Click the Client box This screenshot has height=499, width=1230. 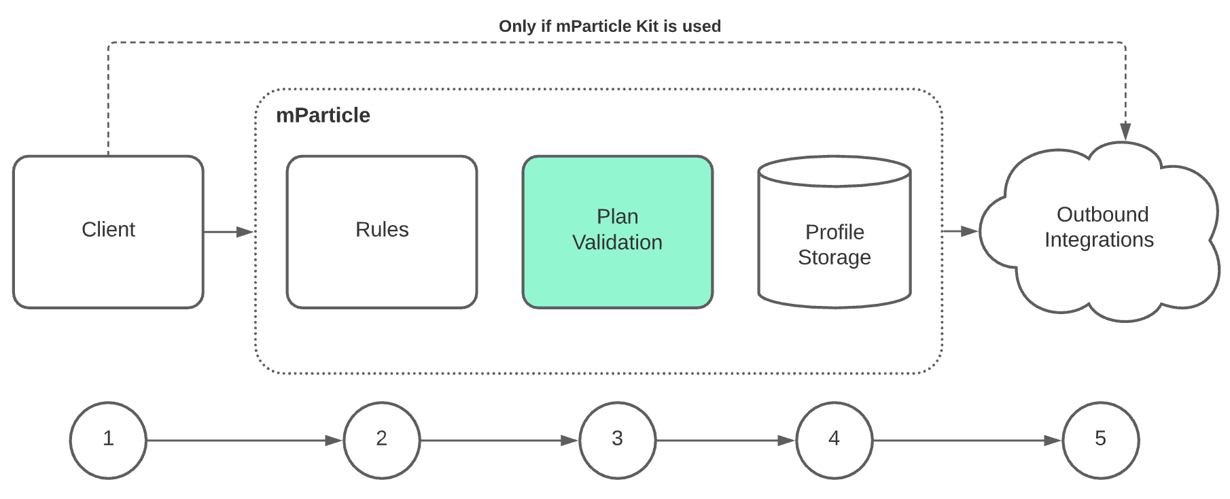point(108,232)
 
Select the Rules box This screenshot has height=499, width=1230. point(382,232)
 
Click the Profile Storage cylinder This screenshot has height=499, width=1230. point(834,245)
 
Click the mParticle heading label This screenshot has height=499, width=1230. point(323,115)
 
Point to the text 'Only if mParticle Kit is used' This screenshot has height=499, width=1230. point(610,26)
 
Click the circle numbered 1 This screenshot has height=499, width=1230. point(108,440)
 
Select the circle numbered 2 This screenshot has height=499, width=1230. point(382,440)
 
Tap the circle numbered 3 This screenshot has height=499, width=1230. point(617,440)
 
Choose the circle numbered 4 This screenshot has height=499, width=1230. point(834,440)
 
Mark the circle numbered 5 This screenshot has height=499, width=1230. point(1100,440)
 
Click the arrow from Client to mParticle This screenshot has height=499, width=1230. point(228,232)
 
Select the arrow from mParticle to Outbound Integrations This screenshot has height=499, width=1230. point(960,231)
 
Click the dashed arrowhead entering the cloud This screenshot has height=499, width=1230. point(1125,131)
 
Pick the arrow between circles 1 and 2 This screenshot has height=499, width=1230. point(245,441)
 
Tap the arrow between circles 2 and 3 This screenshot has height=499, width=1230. point(499,441)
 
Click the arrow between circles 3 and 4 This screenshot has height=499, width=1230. point(726,441)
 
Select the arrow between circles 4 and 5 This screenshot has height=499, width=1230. point(967,441)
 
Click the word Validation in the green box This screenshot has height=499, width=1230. point(617,243)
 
